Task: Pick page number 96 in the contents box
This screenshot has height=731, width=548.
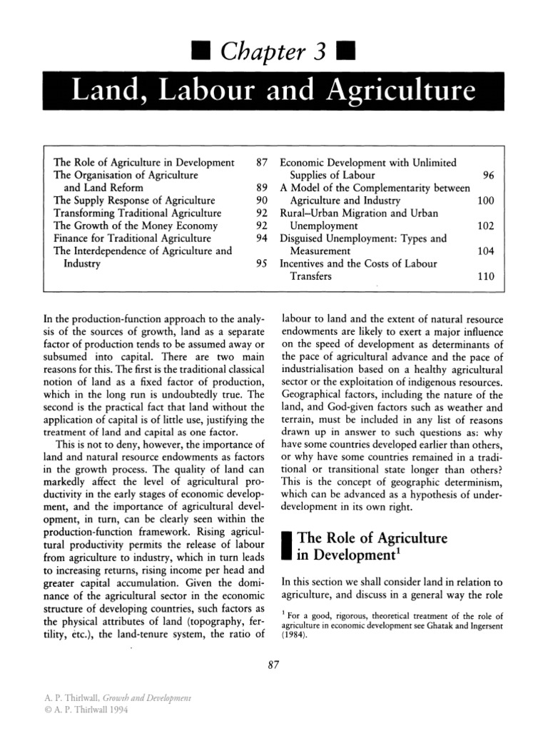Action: click(488, 175)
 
